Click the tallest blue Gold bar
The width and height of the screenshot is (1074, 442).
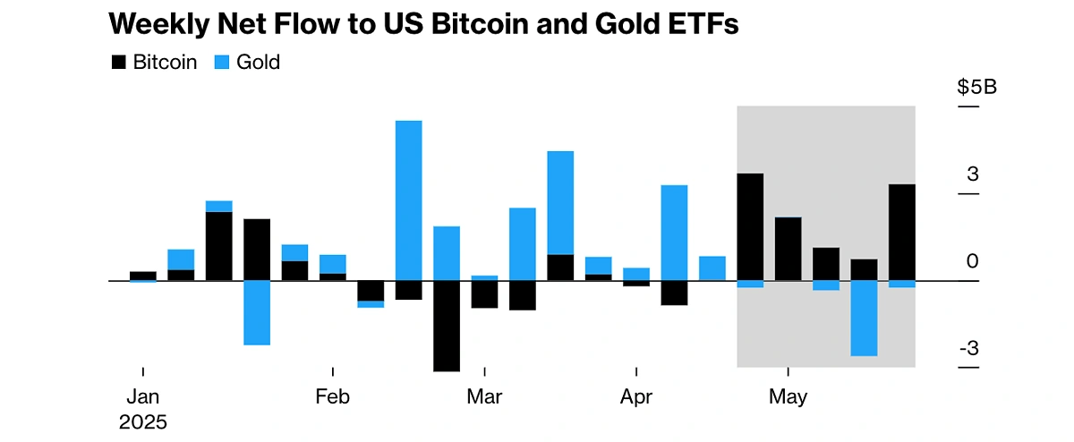pyautogui.click(x=409, y=200)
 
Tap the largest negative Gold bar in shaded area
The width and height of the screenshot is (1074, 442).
pyautogui.click(x=864, y=318)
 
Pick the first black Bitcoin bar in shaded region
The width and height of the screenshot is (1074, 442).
pyautogui.click(x=750, y=226)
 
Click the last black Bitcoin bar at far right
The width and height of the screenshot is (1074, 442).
pyautogui.click(x=901, y=232)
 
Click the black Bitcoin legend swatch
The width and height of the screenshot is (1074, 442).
pyautogui.click(x=118, y=63)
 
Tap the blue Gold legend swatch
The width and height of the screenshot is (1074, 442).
pyautogui.click(x=222, y=63)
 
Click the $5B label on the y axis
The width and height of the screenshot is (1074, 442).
pyautogui.click(x=976, y=88)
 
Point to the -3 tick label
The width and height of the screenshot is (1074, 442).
pyautogui.click(x=969, y=349)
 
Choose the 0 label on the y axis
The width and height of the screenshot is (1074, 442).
pyautogui.click(x=973, y=261)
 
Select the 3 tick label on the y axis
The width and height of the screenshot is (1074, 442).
pyautogui.click(x=973, y=174)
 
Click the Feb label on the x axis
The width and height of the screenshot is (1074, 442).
pyautogui.click(x=332, y=396)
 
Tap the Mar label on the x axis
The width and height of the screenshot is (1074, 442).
pyautogui.click(x=484, y=396)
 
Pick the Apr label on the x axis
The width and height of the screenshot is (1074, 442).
pyautogui.click(x=635, y=396)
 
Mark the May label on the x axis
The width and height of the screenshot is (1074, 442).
pyautogui.click(x=788, y=396)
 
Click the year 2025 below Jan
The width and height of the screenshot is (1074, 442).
pyautogui.click(x=143, y=421)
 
